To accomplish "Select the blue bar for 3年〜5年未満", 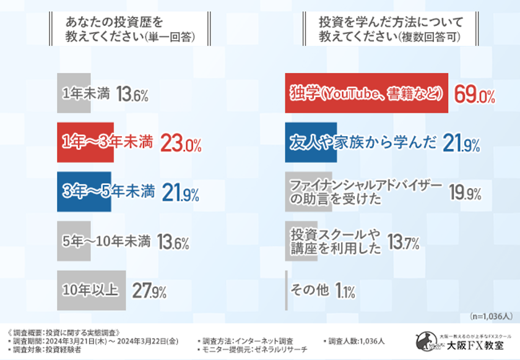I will tap(84, 192).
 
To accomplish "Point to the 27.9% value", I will tap(149, 291).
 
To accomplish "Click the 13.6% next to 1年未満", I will tap(132, 95).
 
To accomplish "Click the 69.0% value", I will tap(474, 95).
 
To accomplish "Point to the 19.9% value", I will tap(465, 193).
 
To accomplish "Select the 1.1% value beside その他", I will tap(345, 291).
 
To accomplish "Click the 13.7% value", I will tap(403, 242).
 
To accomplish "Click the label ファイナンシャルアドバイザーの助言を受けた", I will tap(366, 192).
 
